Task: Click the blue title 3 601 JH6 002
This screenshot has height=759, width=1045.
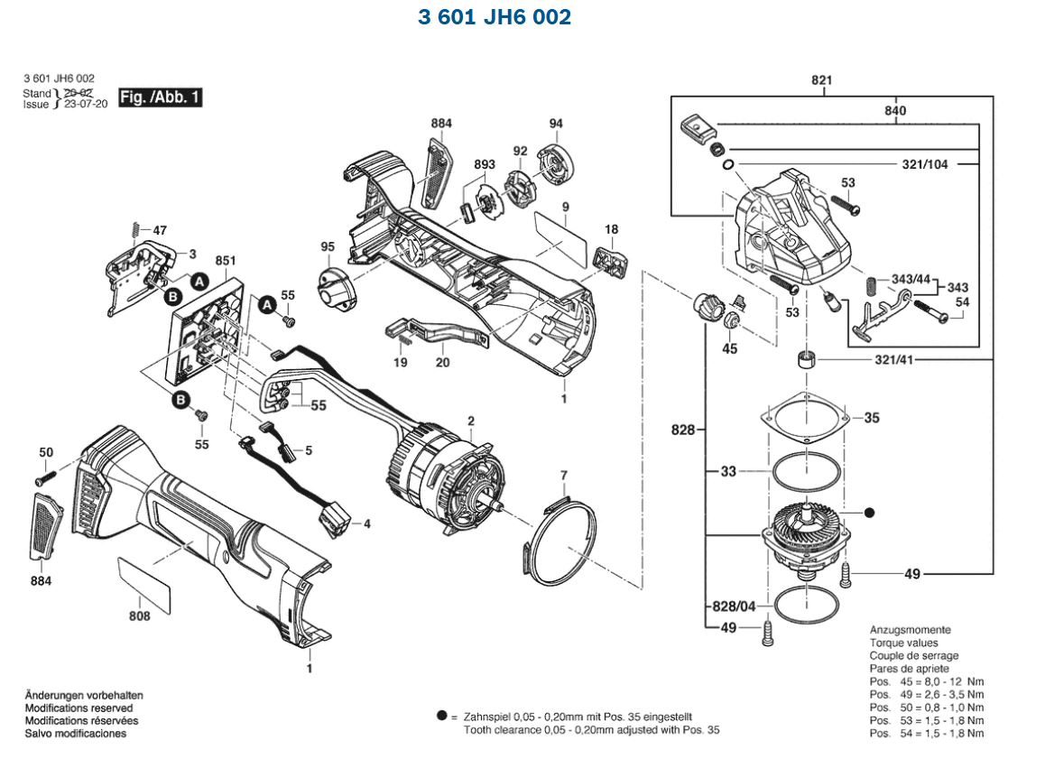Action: pos(495,17)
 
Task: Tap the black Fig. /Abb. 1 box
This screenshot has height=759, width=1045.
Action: pos(161,97)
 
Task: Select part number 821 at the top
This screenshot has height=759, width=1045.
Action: pos(820,80)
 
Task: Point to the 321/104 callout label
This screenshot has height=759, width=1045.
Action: pos(929,164)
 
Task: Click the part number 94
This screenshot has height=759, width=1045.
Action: pos(555,123)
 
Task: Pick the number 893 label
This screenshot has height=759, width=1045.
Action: pos(485,164)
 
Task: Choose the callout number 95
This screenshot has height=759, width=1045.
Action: pos(327,246)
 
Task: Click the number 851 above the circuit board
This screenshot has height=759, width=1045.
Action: pos(226,262)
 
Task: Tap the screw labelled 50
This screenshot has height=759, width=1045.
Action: pos(44,474)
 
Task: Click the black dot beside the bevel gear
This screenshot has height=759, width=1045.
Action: pos(869,513)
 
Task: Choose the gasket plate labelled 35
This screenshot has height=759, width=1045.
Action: pos(803,418)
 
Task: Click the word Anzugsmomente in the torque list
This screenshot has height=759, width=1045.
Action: pos(910,629)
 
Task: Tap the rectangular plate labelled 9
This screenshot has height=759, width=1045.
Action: pos(559,230)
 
